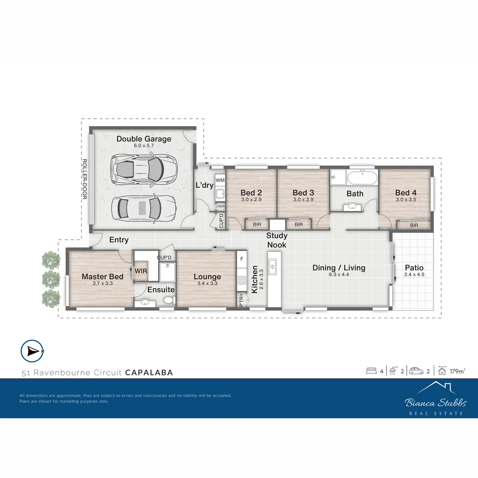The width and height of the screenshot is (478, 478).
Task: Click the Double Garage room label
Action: (x=143, y=139)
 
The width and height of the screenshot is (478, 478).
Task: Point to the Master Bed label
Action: (x=102, y=277)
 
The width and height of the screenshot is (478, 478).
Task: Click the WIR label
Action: (x=141, y=270)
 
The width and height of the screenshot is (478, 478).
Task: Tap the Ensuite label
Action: (x=161, y=290)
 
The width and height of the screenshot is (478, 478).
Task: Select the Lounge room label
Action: (x=207, y=278)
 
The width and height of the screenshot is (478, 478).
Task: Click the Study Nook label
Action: (x=277, y=240)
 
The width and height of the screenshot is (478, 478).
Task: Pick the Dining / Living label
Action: (x=339, y=268)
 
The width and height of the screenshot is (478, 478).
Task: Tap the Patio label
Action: (x=414, y=268)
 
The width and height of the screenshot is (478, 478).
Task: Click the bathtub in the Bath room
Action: (x=362, y=179)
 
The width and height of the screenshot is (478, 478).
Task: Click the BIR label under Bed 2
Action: (x=257, y=225)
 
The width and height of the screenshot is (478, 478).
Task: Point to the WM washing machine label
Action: (x=220, y=180)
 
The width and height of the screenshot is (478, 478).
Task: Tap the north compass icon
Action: (x=32, y=351)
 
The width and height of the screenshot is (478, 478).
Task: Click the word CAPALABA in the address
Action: (x=149, y=373)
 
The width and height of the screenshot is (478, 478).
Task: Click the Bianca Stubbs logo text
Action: (x=436, y=403)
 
